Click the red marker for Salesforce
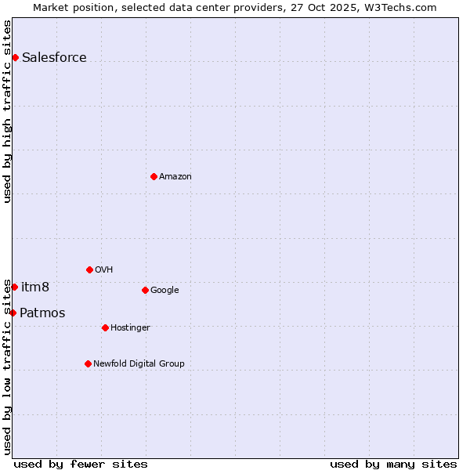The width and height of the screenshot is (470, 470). click(15, 57)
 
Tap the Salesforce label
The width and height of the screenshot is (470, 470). click(54, 57)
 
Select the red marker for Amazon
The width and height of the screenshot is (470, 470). click(154, 176)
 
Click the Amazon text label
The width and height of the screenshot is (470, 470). click(175, 176)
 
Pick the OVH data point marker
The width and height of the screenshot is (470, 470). click(89, 269)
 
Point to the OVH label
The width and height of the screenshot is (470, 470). click(103, 269)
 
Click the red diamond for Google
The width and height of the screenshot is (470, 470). click(145, 290)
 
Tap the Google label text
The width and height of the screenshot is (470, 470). click(164, 290)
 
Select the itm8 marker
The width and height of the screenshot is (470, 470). click(14, 287)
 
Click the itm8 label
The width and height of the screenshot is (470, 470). click(35, 287)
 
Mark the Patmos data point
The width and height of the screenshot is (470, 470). click(13, 313)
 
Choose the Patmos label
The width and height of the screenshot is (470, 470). click(42, 313)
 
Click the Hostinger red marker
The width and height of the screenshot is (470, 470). click(105, 327)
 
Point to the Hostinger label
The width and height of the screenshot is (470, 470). click(130, 327)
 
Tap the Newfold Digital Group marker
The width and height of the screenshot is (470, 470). click(88, 363)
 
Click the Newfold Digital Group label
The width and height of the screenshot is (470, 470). click(139, 363)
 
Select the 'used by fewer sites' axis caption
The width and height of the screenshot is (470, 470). click(81, 464)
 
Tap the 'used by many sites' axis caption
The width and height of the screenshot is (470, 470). click(393, 464)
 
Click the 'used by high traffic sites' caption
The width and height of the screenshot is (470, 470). click(7, 111)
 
